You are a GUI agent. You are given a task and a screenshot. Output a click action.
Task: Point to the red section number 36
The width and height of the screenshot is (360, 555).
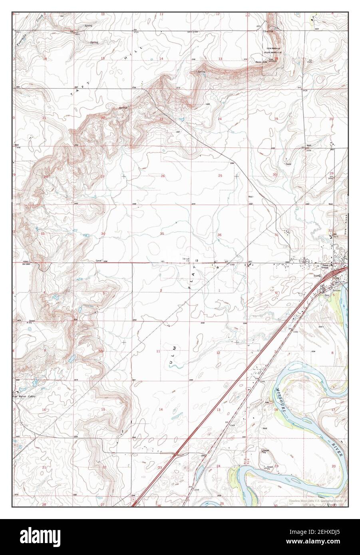tap(219, 234)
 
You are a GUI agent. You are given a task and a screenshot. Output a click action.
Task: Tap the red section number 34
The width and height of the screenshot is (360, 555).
tap(103, 234)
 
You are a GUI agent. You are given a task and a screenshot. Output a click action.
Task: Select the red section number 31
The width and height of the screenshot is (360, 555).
tap(276, 235)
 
